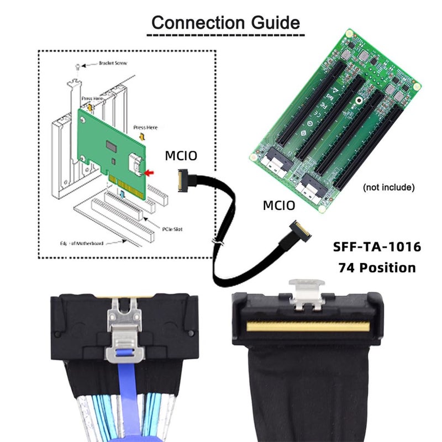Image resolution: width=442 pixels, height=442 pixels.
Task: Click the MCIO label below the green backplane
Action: tap(280, 206)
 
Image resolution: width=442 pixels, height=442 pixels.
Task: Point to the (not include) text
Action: tap(388, 187)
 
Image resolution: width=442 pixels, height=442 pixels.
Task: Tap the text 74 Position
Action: tap(377, 268)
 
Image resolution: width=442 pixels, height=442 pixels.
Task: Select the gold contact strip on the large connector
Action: tap(308, 327)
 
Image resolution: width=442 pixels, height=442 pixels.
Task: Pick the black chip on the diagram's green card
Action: tap(113, 147)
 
